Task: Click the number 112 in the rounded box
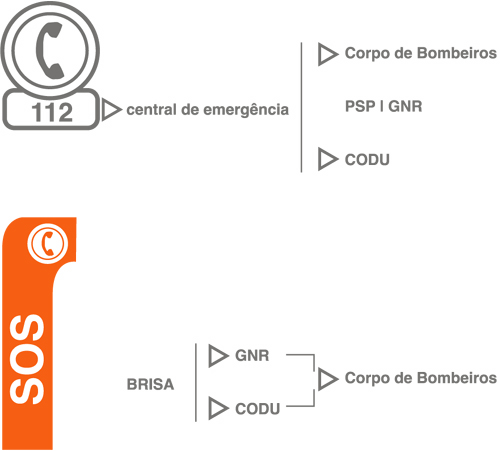click(x=52, y=112)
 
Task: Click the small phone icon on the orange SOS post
click(x=48, y=243)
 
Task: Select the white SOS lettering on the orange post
click(x=27, y=359)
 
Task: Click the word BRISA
click(x=150, y=384)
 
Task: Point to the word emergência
click(x=246, y=110)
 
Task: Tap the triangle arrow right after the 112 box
click(x=110, y=109)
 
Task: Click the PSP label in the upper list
click(x=360, y=106)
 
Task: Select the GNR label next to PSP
click(x=405, y=106)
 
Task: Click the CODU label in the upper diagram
click(x=367, y=160)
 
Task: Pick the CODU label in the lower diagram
click(x=257, y=409)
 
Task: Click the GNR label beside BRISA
click(x=252, y=356)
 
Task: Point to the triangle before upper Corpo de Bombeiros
click(x=326, y=54)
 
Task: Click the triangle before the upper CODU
click(x=326, y=159)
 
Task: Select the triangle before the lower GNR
click(x=217, y=356)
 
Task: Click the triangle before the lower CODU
click(x=217, y=408)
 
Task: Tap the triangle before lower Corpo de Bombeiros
click(x=326, y=379)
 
